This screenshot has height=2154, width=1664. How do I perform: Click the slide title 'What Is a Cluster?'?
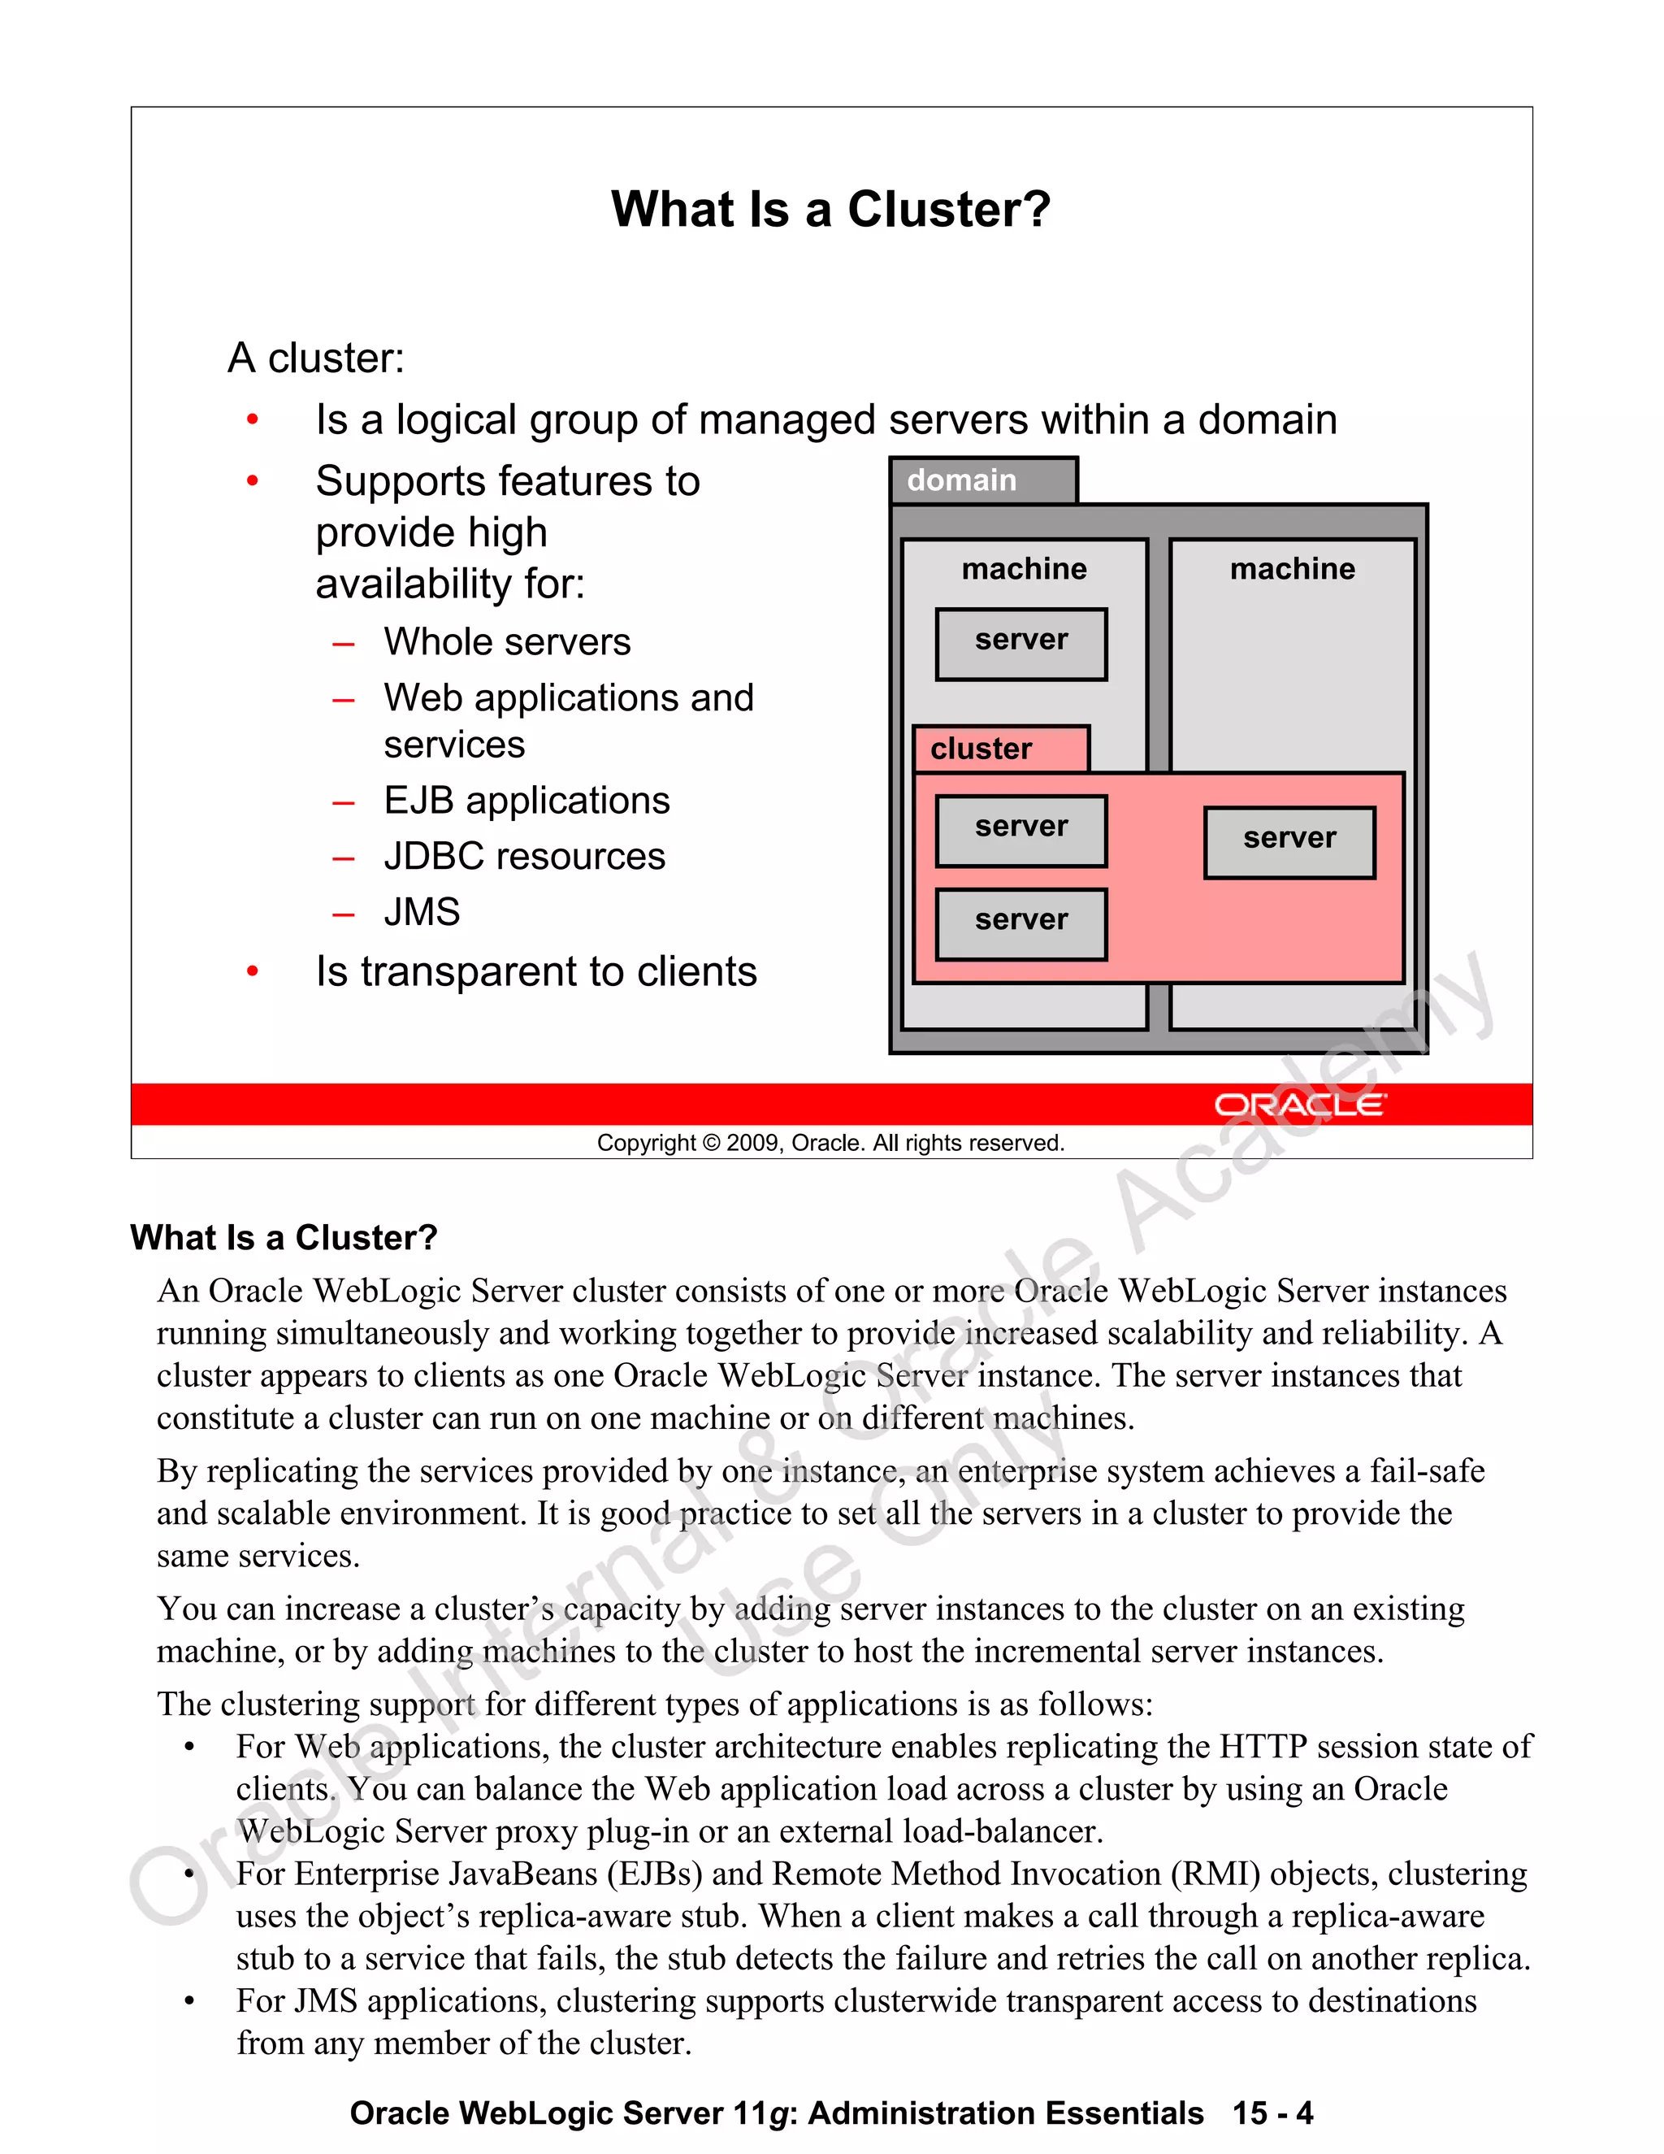[x=831, y=210]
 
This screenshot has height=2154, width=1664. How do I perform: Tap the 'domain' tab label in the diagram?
[x=961, y=480]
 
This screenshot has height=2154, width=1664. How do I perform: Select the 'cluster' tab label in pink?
[x=981, y=749]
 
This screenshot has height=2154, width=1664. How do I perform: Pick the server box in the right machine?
[x=1289, y=842]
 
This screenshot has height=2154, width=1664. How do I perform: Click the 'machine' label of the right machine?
[x=1293, y=569]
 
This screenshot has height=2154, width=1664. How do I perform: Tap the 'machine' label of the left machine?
[x=1025, y=569]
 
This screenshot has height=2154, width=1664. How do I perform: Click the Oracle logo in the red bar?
[x=1299, y=1105]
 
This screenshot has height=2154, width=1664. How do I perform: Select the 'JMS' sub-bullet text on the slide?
[x=422, y=912]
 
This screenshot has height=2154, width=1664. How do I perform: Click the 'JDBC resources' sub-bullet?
[x=524, y=856]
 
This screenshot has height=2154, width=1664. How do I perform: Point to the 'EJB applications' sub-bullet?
[x=526, y=801]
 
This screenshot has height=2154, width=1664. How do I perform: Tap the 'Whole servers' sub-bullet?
[x=507, y=642]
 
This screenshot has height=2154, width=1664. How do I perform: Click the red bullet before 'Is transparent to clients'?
[x=253, y=972]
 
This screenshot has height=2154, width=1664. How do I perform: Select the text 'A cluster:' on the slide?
[x=315, y=358]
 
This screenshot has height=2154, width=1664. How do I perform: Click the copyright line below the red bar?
[x=830, y=1143]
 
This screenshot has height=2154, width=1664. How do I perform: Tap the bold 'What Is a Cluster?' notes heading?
[x=284, y=1238]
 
